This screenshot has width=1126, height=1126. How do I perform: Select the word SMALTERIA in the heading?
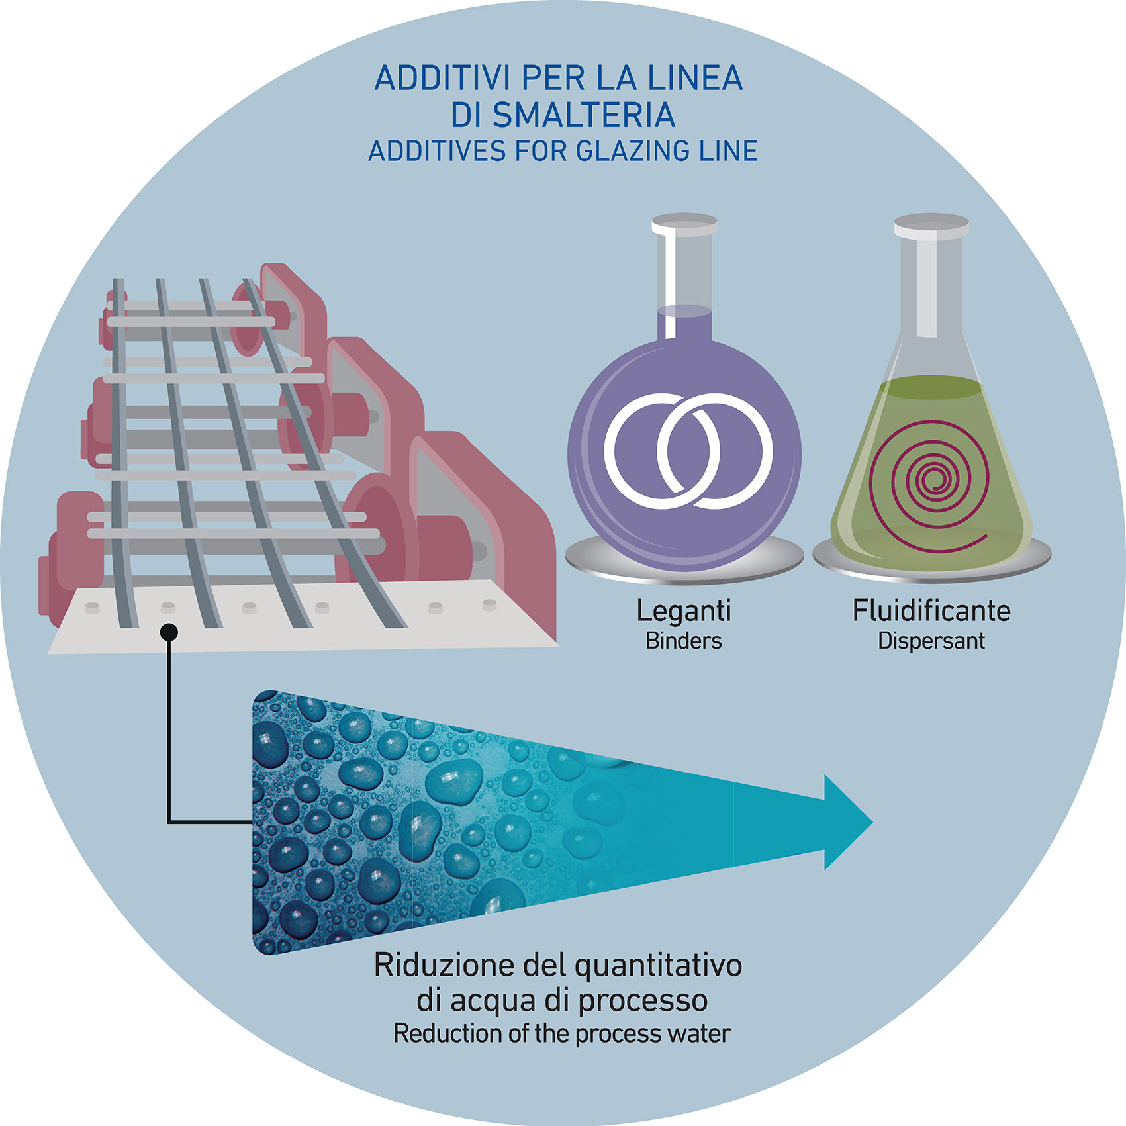584,116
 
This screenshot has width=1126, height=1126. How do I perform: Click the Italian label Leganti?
683,610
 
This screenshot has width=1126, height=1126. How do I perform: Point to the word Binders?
683,641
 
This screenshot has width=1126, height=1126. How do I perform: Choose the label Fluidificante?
931,610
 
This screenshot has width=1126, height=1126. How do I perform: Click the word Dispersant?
931,641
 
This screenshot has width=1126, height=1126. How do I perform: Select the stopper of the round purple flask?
684,224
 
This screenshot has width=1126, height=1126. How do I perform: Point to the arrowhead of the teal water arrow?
848,822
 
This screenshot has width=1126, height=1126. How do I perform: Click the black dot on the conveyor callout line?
169,632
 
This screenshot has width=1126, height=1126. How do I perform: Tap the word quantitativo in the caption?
658,966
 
